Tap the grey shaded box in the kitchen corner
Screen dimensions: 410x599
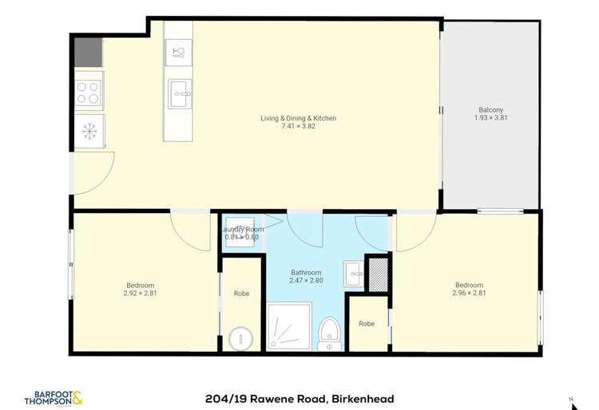88,52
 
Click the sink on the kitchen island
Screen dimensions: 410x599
179,95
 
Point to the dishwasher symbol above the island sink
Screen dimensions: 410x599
178,53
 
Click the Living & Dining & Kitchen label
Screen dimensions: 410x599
298,118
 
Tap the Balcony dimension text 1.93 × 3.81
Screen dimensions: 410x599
491,118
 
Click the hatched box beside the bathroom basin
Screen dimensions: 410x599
375,274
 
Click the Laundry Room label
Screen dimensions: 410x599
242,229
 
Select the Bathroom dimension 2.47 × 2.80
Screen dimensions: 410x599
306,281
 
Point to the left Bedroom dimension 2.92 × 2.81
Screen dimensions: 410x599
140,293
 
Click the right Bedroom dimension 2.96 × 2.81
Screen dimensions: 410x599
469,293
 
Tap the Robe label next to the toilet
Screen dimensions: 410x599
367,324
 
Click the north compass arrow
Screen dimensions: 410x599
571,398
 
